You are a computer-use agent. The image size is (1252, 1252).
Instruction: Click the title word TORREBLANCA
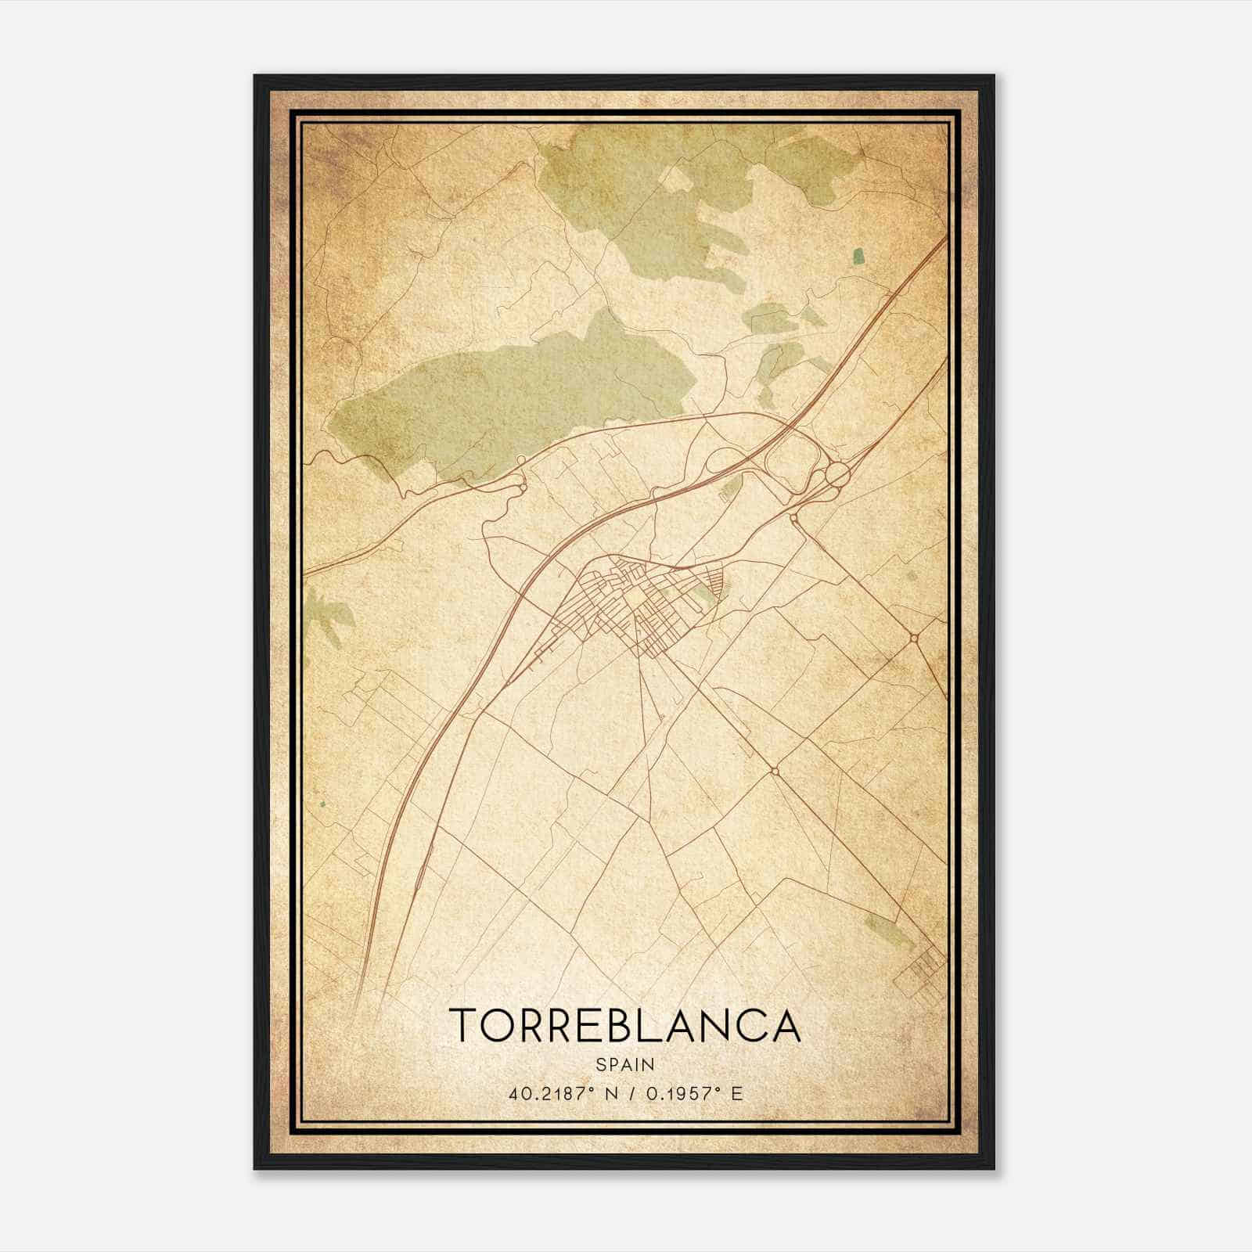(625, 1025)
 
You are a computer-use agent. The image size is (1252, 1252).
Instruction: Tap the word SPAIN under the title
(625, 1064)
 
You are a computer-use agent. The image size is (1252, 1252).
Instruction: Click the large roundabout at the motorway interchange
(837, 474)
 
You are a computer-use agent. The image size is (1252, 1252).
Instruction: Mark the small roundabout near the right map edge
(914, 639)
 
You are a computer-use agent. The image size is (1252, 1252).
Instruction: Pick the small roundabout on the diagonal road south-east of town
(774, 772)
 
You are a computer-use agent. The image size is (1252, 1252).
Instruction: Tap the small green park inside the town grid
(703, 598)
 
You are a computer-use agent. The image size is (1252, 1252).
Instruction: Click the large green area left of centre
(509, 399)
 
